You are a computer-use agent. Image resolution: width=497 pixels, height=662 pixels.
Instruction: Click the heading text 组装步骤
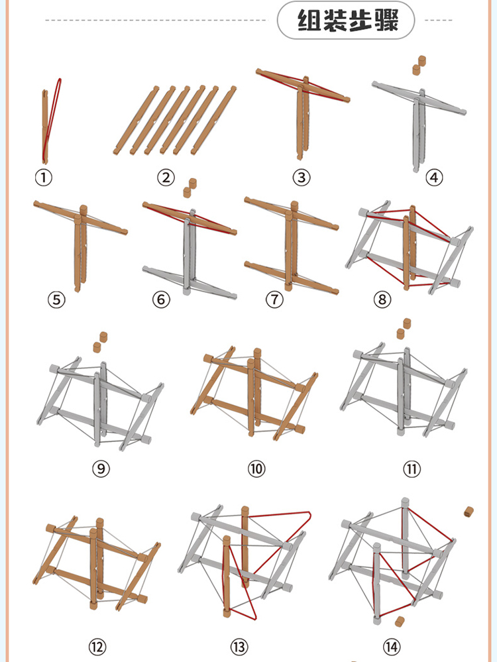(x=348, y=20)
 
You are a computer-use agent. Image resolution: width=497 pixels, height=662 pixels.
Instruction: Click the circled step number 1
(x=44, y=178)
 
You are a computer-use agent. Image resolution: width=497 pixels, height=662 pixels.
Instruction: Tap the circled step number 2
(x=166, y=178)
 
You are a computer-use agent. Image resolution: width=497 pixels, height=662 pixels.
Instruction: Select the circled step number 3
(x=302, y=178)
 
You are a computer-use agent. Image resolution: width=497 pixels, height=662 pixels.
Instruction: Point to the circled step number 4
(x=434, y=178)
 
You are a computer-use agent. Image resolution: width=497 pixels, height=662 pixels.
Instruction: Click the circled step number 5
(x=56, y=300)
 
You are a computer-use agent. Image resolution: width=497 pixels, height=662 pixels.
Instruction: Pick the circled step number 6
(x=161, y=300)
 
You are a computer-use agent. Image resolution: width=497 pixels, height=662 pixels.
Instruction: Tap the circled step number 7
(x=274, y=300)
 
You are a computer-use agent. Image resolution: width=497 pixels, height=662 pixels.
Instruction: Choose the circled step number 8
(x=382, y=300)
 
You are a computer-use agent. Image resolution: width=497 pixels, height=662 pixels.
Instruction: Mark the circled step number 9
(x=101, y=469)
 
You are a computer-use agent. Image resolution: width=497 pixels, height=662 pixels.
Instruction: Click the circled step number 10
(x=256, y=469)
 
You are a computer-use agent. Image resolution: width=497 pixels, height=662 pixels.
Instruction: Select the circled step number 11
(x=412, y=469)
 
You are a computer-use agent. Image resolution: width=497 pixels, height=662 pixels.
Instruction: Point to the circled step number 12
(x=97, y=646)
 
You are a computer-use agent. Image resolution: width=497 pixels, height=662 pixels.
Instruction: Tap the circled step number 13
(x=239, y=646)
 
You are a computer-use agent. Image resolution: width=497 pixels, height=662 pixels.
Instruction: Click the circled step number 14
(x=392, y=646)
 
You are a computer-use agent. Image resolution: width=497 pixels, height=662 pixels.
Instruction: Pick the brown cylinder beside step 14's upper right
(x=469, y=512)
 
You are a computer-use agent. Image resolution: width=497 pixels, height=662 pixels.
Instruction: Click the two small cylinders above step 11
(x=404, y=329)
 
